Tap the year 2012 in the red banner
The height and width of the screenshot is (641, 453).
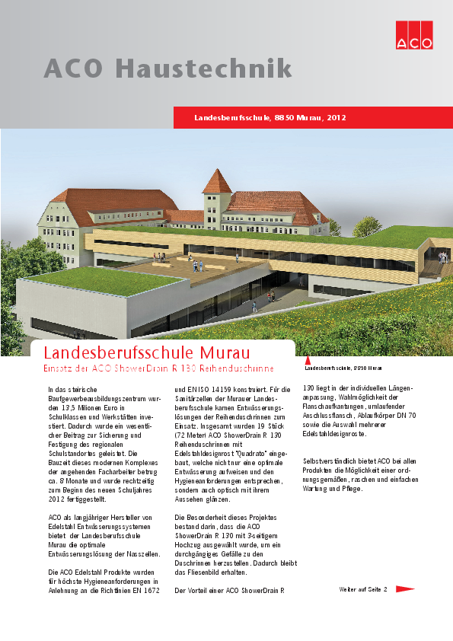click(337, 118)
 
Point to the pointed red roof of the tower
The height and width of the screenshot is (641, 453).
click(217, 183)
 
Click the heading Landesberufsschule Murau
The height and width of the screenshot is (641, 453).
click(147, 353)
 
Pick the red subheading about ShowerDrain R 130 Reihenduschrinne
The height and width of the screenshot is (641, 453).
click(158, 369)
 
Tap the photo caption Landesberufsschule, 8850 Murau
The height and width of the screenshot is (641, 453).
click(343, 368)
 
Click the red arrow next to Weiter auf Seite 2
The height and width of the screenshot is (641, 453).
click(405, 588)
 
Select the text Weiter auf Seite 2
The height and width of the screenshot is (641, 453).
click(363, 589)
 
